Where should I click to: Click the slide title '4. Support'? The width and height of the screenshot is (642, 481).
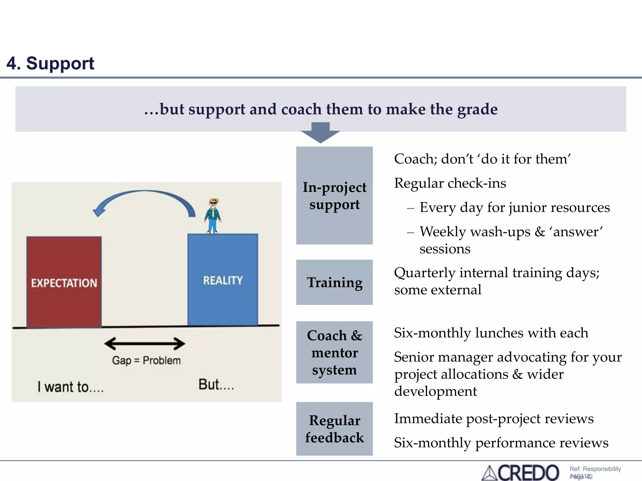point(50,63)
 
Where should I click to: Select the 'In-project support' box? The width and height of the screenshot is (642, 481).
point(334,195)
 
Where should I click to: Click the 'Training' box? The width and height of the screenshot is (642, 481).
point(334,282)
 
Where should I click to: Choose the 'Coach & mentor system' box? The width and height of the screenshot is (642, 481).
point(334,352)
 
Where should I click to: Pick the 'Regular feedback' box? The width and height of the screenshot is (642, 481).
point(334,429)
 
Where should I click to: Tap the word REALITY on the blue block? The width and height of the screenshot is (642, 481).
point(223,280)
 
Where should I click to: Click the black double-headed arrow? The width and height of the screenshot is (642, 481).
point(145,344)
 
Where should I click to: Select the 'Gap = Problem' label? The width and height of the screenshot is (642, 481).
point(146,360)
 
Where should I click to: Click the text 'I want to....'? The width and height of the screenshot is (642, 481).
point(71,387)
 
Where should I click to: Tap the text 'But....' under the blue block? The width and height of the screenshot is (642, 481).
point(216,385)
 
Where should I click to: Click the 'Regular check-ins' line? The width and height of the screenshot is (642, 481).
point(450,183)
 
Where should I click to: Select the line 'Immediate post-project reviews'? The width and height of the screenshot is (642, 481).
point(494,419)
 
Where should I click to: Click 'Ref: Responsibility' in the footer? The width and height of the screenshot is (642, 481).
point(595,469)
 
